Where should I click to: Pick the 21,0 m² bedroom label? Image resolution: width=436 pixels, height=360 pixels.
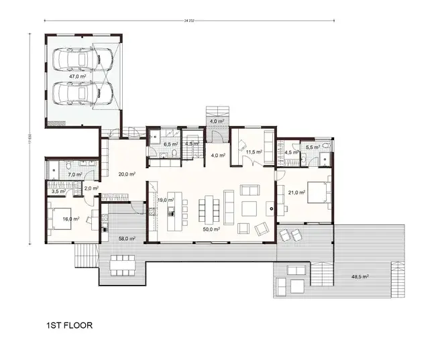[296, 192]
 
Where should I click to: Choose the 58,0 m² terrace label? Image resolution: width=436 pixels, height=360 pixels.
[127, 238]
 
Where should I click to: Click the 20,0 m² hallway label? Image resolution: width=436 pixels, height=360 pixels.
[127, 174]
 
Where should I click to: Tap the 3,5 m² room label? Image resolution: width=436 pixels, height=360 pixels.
[58, 191]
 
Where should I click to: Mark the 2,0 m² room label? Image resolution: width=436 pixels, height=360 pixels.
[90, 188]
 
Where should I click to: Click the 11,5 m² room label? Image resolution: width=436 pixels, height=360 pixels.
[253, 152]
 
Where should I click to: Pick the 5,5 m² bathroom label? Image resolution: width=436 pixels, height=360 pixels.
[312, 147]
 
